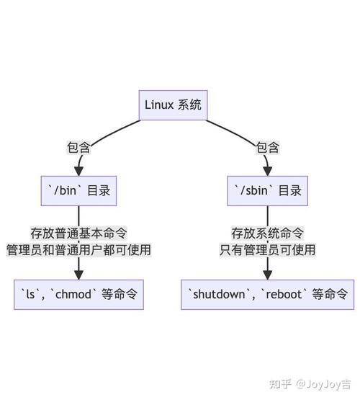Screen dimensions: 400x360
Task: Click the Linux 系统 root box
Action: (x=174, y=105)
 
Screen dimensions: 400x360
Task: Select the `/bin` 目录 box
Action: (x=78, y=191)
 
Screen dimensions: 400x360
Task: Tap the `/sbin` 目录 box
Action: (x=267, y=191)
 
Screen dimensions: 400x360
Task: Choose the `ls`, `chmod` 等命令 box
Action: (x=78, y=294)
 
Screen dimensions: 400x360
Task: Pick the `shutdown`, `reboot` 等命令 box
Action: (x=267, y=294)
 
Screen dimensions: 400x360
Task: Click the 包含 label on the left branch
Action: (x=78, y=148)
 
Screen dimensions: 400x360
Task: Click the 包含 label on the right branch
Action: (x=267, y=148)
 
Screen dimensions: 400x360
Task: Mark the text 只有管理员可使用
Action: (x=267, y=250)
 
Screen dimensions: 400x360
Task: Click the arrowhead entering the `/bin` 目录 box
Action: (x=78, y=170)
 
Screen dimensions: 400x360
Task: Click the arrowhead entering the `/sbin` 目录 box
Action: (x=267, y=170)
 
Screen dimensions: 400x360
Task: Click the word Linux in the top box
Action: (x=160, y=105)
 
